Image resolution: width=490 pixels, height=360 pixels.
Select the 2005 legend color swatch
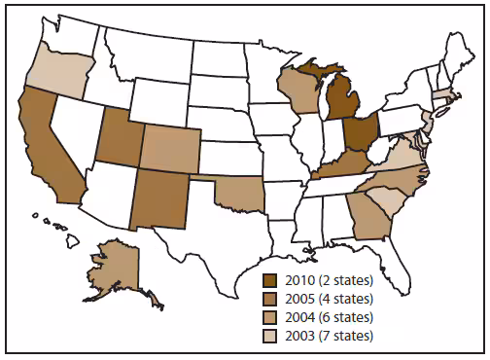click(x=279, y=301)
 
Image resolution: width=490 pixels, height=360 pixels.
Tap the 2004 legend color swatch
click(x=279, y=318)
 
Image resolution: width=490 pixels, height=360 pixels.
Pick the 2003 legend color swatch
click(x=279, y=336)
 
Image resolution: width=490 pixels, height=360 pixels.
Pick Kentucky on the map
click(x=336, y=164)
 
